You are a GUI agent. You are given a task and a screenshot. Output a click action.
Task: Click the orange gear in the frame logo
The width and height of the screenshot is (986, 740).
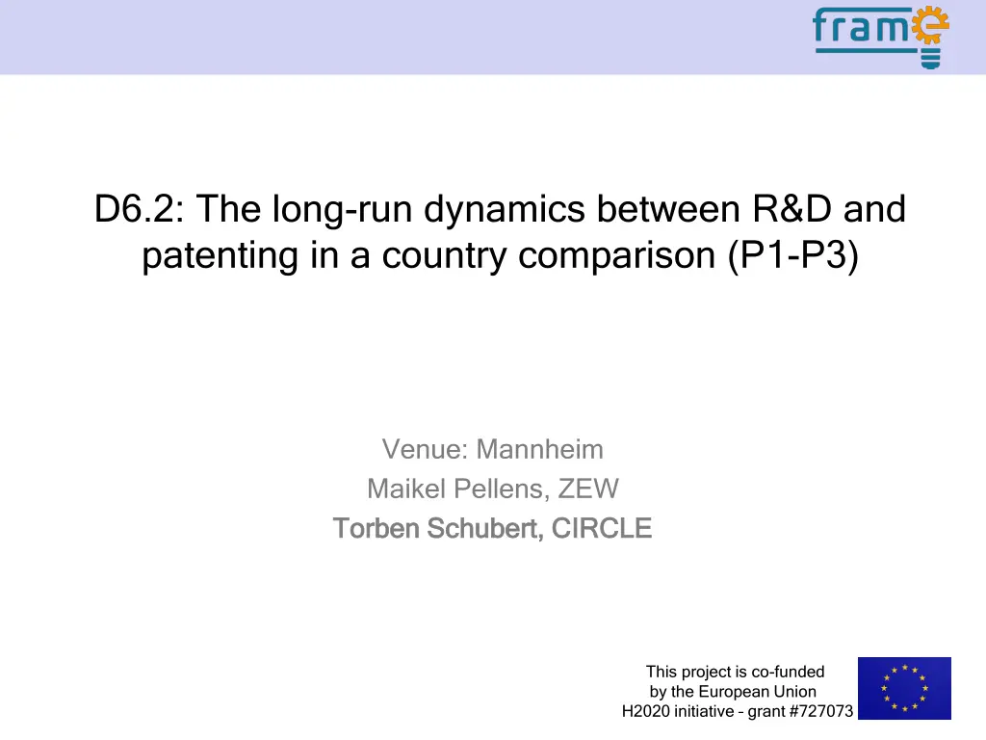pos(930,25)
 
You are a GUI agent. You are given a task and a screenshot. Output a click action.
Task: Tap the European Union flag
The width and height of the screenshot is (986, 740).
pos(904,688)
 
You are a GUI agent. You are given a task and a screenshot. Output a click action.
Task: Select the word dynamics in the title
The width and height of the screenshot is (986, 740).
pos(505,209)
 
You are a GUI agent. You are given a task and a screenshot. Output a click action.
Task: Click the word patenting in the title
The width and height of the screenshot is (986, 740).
pos(220,256)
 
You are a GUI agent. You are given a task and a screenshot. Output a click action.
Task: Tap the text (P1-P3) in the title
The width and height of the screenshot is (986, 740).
pos(793,255)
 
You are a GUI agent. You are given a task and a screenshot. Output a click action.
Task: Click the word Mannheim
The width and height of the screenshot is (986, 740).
pos(539,449)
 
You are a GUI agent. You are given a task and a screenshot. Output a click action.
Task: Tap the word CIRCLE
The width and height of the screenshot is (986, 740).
pos(601,528)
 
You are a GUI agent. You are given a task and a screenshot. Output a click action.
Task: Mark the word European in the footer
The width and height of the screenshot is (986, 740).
pos(734,692)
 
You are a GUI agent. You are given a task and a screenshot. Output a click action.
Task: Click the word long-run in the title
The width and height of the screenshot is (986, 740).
pos(342,209)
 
